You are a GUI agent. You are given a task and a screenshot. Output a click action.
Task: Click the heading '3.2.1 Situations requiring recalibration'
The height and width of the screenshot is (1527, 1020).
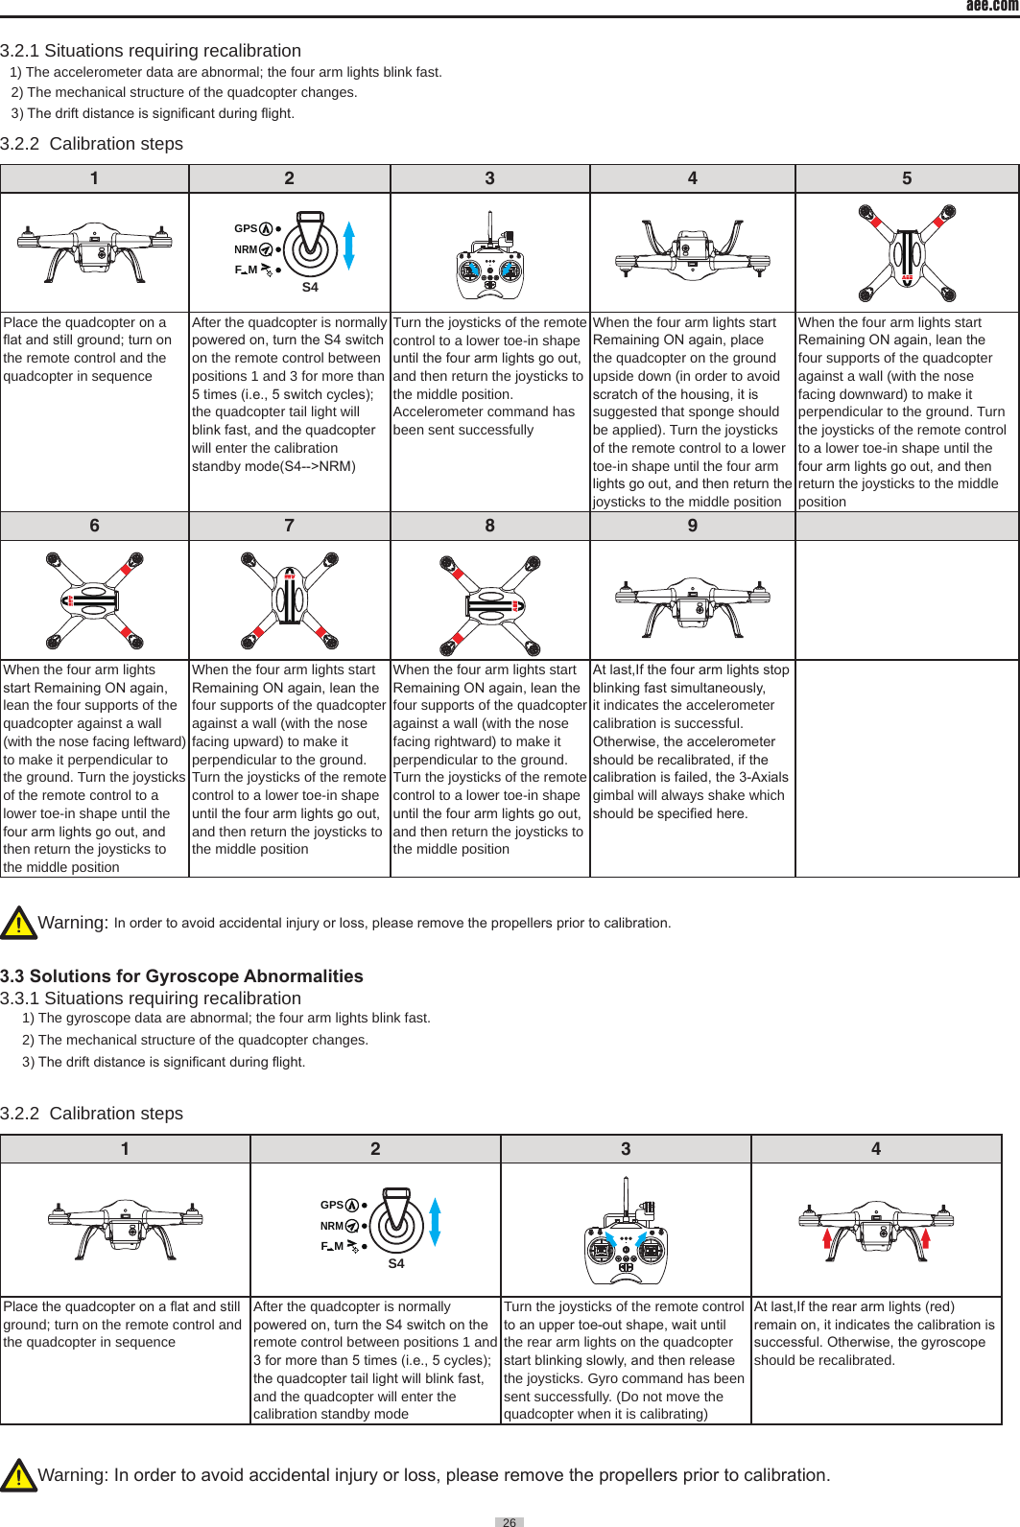[151, 51]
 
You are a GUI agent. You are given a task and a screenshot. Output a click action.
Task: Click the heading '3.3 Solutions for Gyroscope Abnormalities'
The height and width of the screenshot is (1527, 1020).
[181, 976]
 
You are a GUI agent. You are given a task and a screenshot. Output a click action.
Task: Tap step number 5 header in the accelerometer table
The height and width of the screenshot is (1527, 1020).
[906, 178]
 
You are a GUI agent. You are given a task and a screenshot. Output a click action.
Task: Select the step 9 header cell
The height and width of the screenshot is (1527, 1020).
[692, 526]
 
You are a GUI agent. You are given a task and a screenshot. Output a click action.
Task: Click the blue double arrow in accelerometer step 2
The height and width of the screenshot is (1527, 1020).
[349, 246]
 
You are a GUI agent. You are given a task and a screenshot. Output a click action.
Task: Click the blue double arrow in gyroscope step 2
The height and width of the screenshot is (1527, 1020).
[435, 1222]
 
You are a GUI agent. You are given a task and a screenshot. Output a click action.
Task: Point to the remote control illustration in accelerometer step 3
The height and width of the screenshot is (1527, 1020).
[489, 262]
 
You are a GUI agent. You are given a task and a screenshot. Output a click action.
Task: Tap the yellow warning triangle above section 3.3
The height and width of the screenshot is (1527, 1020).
[18, 923]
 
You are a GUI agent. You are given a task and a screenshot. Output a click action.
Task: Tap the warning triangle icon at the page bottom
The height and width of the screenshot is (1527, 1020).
[18, 1475]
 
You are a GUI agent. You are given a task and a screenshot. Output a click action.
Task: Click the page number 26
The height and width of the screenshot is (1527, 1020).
[509, 1521]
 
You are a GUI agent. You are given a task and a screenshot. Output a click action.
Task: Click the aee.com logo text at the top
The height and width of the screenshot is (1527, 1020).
[991, 6]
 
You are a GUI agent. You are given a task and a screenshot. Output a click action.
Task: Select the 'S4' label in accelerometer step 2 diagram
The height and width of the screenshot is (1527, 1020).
[310, 287]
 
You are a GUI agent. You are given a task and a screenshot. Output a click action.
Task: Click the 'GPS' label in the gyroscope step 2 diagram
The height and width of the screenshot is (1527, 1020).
[331, 1205]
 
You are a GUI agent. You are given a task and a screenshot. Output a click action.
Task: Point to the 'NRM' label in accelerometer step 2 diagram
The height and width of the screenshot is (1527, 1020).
[246, 249]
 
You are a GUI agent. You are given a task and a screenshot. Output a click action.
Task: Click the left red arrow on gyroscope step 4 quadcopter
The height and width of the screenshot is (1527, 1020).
[827, 1244]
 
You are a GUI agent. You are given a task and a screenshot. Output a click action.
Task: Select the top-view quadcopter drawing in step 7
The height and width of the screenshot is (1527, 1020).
[289, 599]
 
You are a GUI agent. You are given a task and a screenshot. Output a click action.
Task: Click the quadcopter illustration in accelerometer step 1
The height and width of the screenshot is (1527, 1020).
[94, 251]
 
